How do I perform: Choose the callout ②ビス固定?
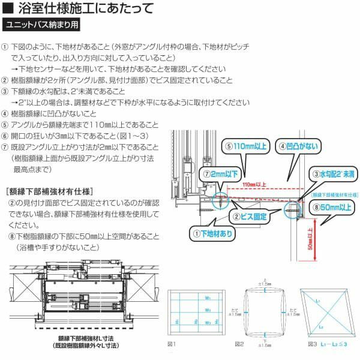tap(250, 216)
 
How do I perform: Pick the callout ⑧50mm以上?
tap(330, 207)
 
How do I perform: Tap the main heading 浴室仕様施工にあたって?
tap(84, 8)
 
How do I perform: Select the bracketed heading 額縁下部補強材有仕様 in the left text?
tap(49, 191)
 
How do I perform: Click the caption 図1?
tap(172, 344)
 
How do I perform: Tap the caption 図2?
tap(239, 344)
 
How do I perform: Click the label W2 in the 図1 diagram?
tap(207, 310)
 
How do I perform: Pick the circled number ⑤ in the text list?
tap(5, 125)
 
